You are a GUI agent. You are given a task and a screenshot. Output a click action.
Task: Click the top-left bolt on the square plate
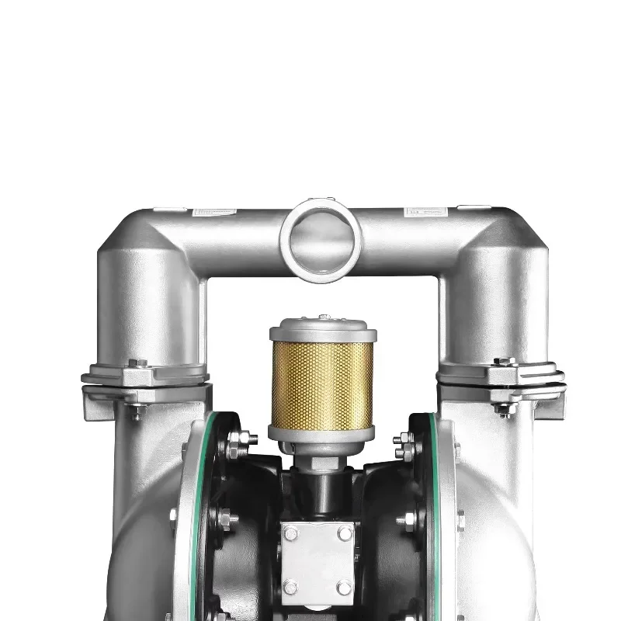click(290, 533)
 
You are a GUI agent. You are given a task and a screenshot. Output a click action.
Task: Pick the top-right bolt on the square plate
click(344, 533)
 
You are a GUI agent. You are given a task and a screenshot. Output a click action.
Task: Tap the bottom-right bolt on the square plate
click(344, 588)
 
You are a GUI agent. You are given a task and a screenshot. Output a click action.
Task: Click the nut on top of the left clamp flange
click(137, 363)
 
